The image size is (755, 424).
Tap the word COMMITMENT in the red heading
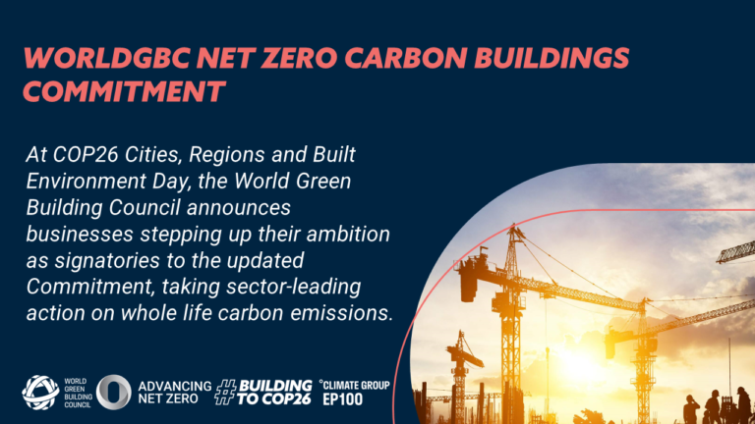tap(124, 92)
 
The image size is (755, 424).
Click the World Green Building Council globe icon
tap(39, 392)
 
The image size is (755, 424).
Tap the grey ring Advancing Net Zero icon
tap(113, 392)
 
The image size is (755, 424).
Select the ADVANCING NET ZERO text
tap(175, 392)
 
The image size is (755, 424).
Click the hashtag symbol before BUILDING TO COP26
tap(229, 392)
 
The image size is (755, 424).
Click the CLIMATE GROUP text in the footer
tap(358, 384)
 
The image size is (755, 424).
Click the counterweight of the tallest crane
tap(469, 264)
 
